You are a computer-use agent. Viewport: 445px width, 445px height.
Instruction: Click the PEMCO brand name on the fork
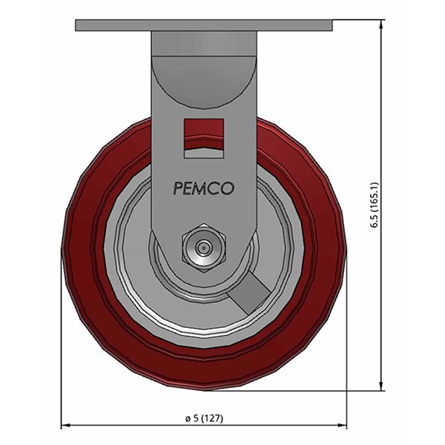coord(204,189)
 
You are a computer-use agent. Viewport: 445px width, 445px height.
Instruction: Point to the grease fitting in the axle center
coord(204,246)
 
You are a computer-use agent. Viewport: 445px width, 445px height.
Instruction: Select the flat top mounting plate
coord(204,26)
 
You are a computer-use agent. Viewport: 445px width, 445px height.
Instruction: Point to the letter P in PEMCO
coord(178,189)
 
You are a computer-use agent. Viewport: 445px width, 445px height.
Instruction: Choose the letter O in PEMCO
coord(228,189)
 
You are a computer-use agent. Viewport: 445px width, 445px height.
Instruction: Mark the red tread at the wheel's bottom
coord(204,375)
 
